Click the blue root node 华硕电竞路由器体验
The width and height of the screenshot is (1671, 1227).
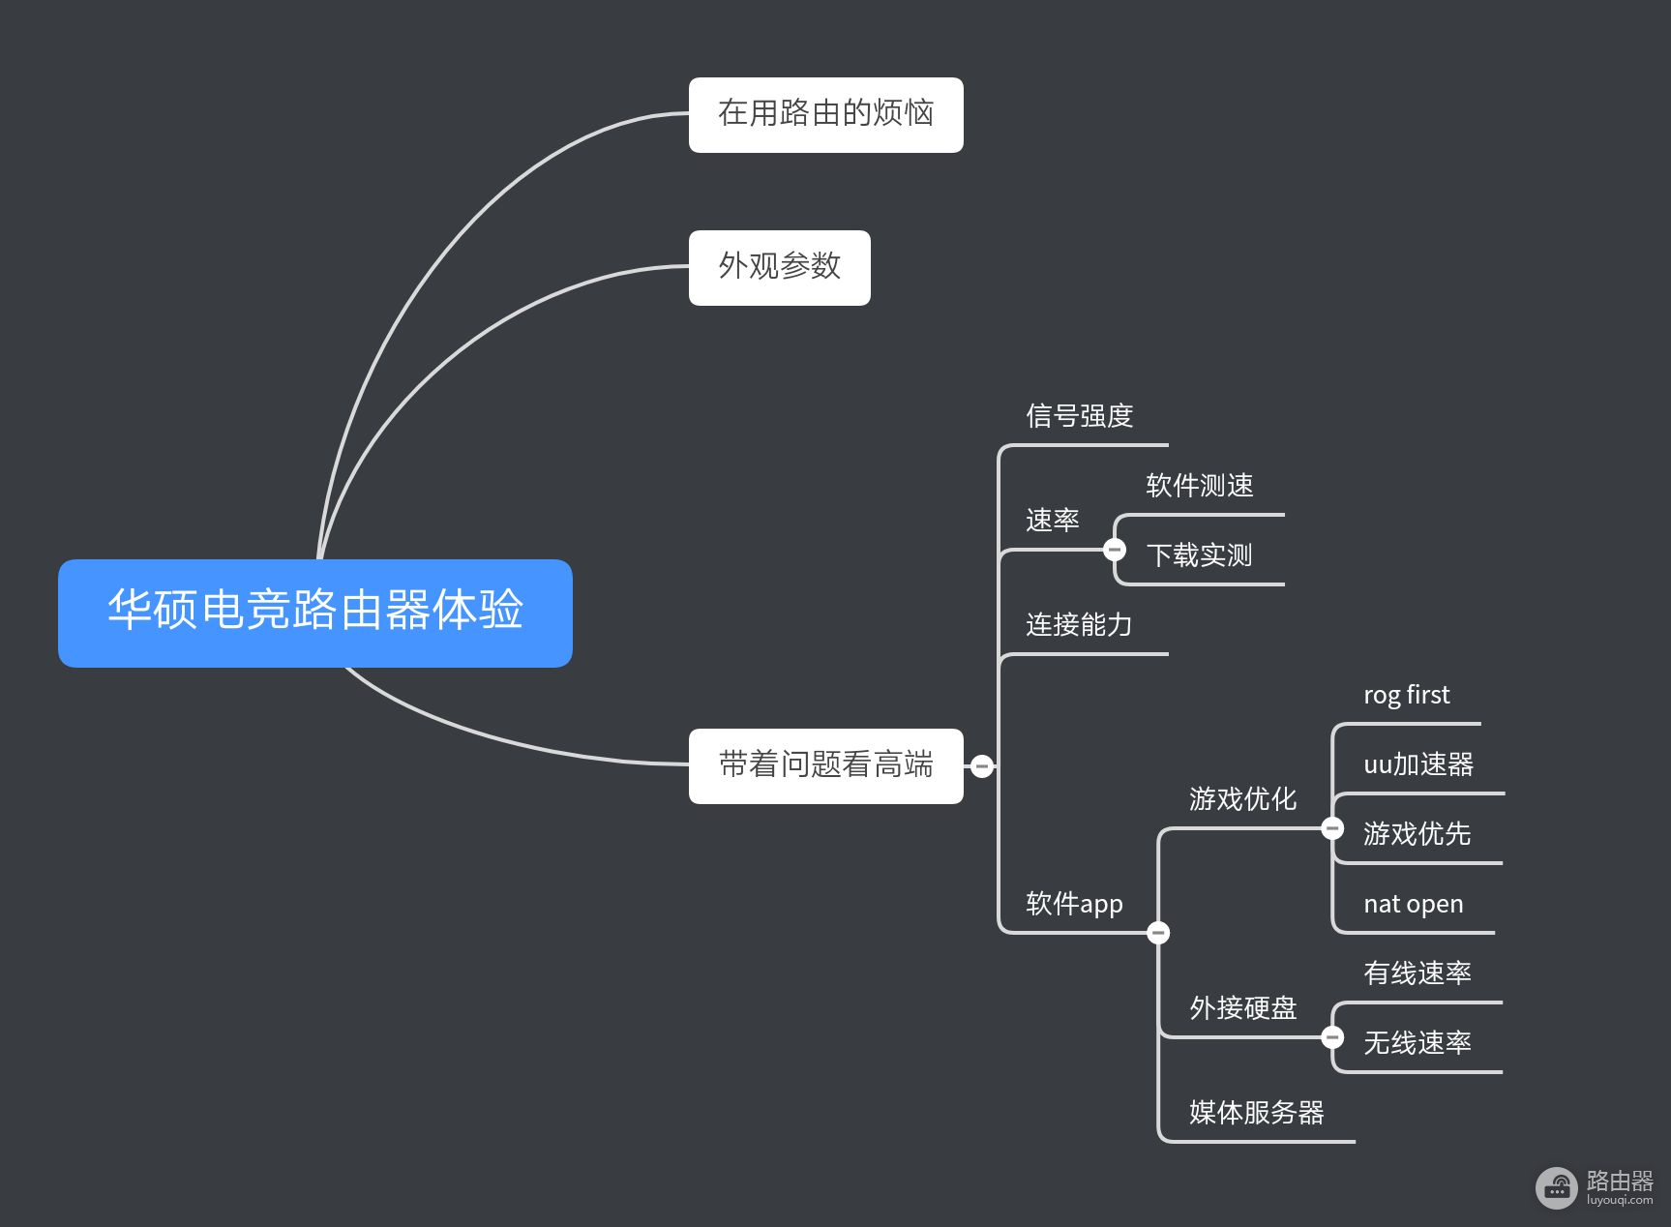[314, 612]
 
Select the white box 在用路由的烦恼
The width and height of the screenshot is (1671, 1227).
[825, 114]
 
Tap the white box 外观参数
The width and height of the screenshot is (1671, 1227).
[779, 267]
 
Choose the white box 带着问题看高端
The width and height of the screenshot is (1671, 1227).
[825, 765]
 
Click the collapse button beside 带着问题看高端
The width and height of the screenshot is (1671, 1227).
[981, 766]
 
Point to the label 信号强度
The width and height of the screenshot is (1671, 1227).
[1079, 417]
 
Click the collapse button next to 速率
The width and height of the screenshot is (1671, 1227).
[1115, 550]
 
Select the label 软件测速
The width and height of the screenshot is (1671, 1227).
[1199, 486]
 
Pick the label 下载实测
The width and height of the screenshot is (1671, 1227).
[1199, 555]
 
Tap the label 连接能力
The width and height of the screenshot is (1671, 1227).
[1079, 625]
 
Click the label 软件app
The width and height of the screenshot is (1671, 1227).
[1074, 904]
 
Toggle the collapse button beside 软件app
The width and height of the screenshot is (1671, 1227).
[1158, 933]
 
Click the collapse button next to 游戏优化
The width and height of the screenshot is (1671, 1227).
[1332, 828]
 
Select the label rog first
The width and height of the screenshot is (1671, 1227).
[1406, 696]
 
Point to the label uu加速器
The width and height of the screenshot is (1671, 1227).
[1417, 765]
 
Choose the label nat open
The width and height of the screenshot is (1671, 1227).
[1413, 905]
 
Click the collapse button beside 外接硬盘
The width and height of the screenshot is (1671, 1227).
[1332, 1037]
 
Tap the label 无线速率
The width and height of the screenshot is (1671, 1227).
[1417, 1043]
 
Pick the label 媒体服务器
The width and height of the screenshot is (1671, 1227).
[1256, 1113]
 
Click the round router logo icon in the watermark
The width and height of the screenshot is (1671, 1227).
[1556, 1187]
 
